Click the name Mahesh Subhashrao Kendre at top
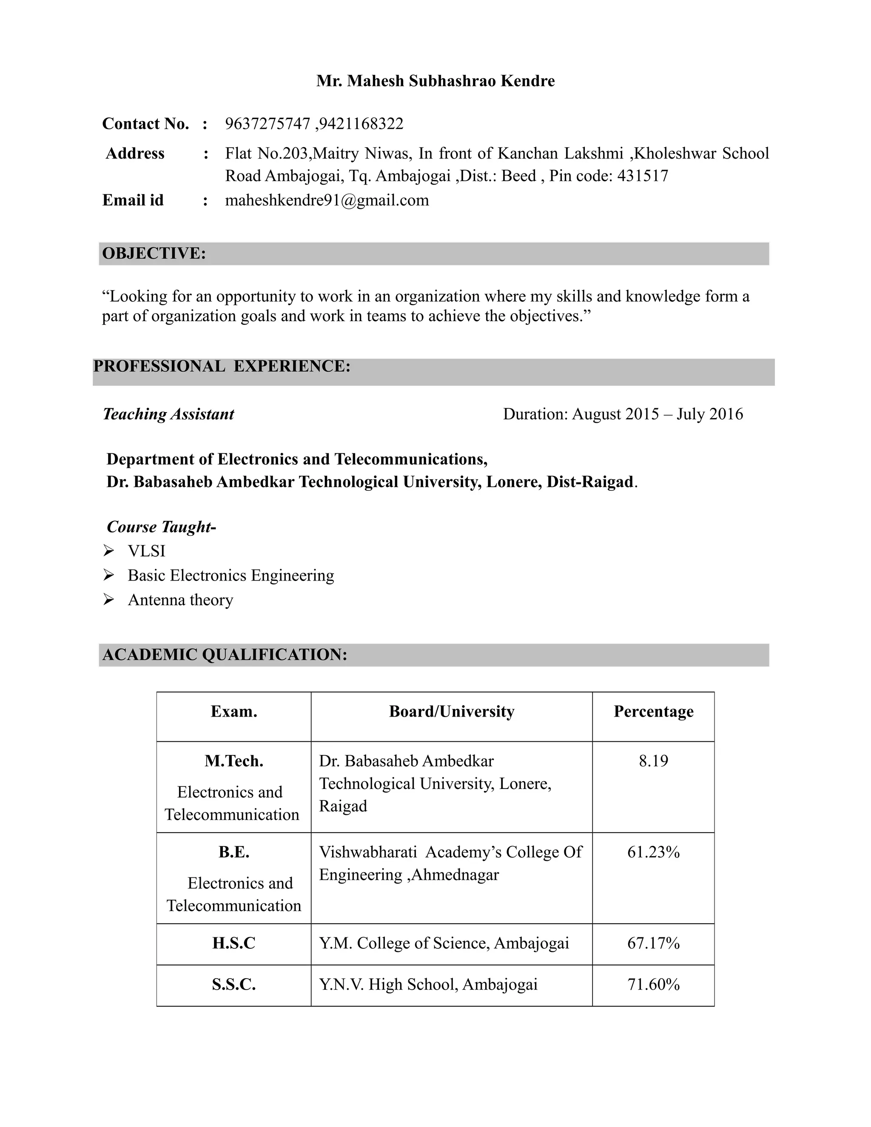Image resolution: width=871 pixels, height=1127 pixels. point(435,81)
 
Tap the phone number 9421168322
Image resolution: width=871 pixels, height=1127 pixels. point(361,124)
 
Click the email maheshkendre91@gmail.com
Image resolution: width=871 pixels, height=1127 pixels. point(327,200)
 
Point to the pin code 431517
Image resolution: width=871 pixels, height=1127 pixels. point(643,176)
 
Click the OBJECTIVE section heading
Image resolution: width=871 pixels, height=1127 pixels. point(154,253)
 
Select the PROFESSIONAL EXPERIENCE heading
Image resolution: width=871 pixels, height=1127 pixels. point(222,366)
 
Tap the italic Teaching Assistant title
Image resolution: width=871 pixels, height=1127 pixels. point(168,414)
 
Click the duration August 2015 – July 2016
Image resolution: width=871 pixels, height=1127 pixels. point(623,414)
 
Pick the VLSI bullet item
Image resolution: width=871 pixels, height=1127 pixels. point(147,551)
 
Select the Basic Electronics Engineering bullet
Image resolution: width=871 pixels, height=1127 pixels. point(231,575)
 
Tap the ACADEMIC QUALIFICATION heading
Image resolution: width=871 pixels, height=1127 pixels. point(225,655)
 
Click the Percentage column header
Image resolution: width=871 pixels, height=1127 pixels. point(653,711)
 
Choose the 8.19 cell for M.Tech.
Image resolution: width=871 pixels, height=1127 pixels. point(653,761)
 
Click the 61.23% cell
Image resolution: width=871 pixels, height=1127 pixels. point(653,852)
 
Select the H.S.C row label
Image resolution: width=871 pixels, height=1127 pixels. point(234,943)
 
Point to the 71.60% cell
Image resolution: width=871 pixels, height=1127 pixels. point(653,985)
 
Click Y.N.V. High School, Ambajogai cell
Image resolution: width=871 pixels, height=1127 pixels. point(428,985)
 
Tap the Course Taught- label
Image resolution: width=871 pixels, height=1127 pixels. point(161,527)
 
